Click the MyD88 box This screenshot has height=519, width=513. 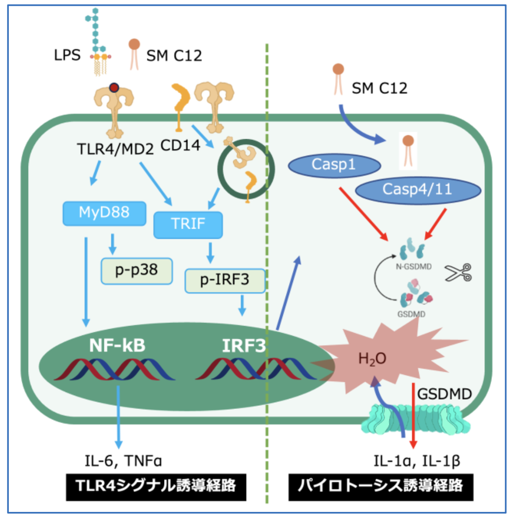coord(104,213)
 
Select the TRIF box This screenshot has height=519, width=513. coord(188,224)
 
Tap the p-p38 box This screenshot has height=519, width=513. coord(136,270)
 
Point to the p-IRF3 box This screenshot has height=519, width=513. coord(225,280)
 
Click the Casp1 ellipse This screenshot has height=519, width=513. coord(333,165)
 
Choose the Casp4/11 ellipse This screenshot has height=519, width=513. coord(417,189)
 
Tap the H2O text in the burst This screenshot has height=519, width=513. coord(372,359)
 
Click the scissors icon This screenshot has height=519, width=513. coord(458,273)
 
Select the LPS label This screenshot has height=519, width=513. coord(67,56)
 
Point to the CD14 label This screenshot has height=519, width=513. coord(180,145)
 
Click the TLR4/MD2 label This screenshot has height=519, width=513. coord(115,149)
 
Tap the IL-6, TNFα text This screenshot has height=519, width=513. coord(123,461)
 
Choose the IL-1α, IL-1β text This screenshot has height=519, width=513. coord(416,461)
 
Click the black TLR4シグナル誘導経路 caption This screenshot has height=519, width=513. coord(156,486)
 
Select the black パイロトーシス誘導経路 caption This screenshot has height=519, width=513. coord(381,486)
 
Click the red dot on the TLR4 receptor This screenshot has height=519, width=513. coord(114,88)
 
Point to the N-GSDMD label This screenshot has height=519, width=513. coord(414,267)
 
